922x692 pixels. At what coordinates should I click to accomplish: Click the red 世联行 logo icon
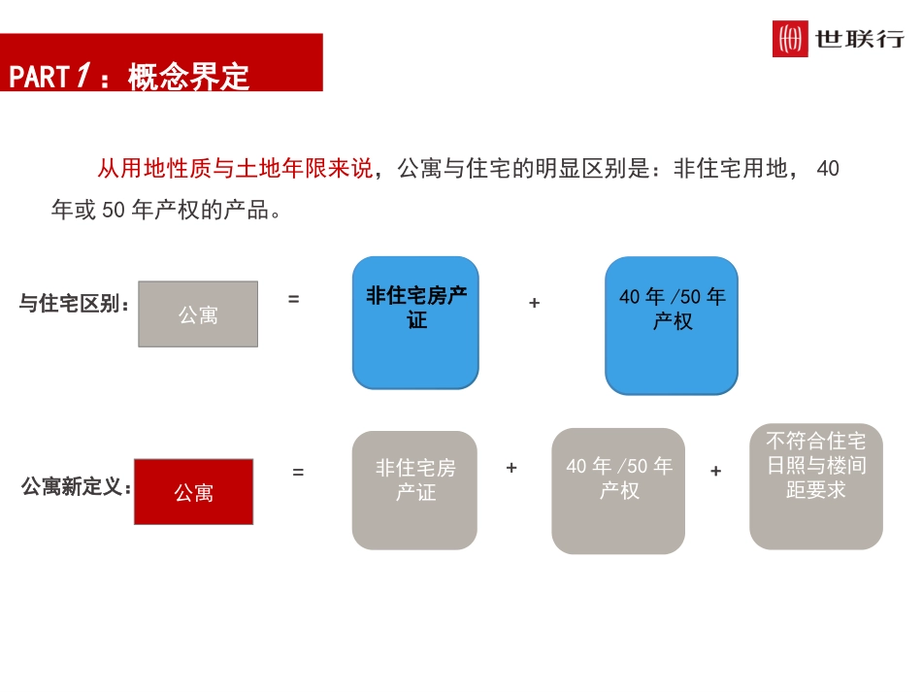(x=790, y=39)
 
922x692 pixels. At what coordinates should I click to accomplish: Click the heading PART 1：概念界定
(x=129, y=77)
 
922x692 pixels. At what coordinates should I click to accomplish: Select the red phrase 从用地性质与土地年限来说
(x=234, y=169)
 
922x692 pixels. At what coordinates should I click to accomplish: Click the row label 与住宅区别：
(x=74, y=304)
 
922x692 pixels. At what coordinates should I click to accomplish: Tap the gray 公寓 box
(x=198, y=314)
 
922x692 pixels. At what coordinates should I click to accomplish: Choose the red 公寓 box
(x=193, y=492)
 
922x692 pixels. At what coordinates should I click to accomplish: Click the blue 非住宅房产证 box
(x=415, y=322)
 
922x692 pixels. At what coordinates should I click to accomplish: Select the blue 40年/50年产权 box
(x=672, y=325)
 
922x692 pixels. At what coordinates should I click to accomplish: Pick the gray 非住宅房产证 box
(x=414, y=490)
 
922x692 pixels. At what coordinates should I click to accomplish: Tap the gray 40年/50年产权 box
(x=618, y=491)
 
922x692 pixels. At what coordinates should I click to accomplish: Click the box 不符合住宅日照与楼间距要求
(x=816, y=485)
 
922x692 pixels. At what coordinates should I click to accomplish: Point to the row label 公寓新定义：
(x=76, y=487)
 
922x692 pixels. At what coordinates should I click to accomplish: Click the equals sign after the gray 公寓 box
(x=293, y=300)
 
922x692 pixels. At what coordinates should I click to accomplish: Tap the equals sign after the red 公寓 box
(x=298, y=473)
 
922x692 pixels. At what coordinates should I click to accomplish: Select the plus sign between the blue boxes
(x=534, y=303)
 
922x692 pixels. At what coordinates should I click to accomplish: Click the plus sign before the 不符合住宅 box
(x=715, y=472)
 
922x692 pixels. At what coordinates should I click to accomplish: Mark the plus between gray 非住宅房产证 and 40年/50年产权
(x=511, y=468)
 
